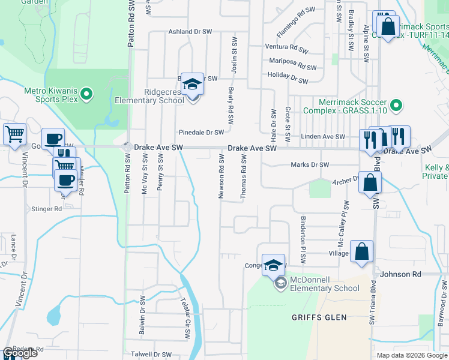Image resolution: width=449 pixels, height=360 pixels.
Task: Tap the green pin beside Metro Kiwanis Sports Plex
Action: tap(86, 94)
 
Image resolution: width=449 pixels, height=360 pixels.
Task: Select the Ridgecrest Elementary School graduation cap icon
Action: tap(192, 85)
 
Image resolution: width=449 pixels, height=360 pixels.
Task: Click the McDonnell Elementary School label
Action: tap(325, 284)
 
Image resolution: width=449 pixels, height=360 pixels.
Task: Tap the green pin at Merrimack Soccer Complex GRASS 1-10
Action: tap(396, 106)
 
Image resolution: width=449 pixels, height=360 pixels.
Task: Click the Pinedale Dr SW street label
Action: tap(201, 133)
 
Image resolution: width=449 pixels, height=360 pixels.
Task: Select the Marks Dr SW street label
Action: tap(310, 165)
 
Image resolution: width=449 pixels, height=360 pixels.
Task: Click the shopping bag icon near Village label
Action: tap(362, 253)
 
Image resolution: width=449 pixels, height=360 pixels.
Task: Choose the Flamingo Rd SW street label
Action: tap(296, 20)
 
